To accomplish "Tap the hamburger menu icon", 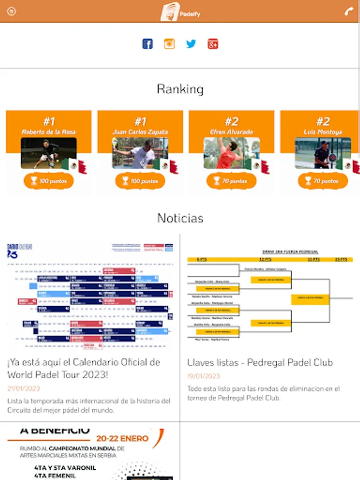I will (x=11, y=12).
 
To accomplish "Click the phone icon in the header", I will (x=349, y=12).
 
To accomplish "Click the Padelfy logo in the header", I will (x=180, y=12).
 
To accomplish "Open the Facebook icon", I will (x=148, y=44).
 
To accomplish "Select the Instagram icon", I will (x=169, y=44).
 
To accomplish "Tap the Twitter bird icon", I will (x=191, y=44).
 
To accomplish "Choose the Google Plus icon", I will (x=213, y=44).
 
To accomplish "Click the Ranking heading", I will (x=180, y=89).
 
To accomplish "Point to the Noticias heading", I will (x=180, y=218).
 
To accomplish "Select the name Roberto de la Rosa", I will (x=49, y=132).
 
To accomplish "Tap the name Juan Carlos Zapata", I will (x=140, y=132).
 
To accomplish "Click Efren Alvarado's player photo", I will (x=231, y=153).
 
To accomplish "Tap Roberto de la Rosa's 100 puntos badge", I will (x=49, y=181).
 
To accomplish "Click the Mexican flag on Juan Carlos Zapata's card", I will (x=166, y=165).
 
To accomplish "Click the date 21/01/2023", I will (x=23, y=389).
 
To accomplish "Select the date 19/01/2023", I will (x=203, y=377).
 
